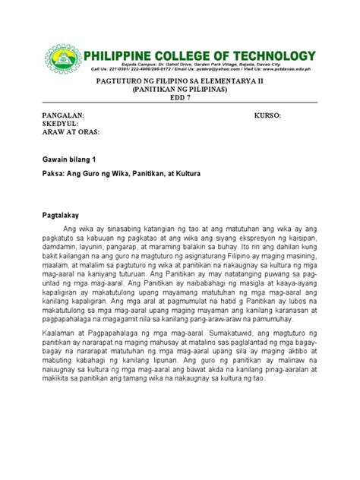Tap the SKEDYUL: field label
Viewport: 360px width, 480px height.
[x=60, y=123]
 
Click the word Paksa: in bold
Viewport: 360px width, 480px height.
[x=53, y=174]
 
